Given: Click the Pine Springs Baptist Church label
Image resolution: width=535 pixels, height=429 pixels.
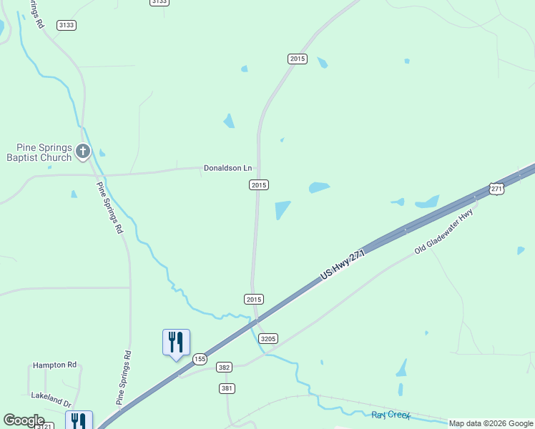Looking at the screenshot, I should coord(39,152).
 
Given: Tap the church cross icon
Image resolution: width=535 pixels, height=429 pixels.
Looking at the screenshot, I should coord(83,151).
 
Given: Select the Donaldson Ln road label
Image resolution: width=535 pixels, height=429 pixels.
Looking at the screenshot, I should coord(228,169).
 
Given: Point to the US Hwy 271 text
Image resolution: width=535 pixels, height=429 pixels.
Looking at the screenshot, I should coord(343,264).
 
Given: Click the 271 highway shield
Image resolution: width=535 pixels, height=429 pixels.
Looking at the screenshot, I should coord(497,188).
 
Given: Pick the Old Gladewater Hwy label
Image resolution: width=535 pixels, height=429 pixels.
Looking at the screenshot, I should coord(444,232).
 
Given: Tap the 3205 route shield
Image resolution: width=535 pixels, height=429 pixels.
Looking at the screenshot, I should coord(268,338).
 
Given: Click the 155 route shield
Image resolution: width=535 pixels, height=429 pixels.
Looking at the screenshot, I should coord(200,358).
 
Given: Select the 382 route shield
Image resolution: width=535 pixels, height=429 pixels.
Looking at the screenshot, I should coord(225,367).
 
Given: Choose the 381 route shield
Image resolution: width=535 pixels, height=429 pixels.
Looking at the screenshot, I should coord(227,388).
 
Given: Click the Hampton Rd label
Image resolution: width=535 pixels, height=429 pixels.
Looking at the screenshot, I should coord(54,365).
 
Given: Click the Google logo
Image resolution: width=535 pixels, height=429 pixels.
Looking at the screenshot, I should coord(24,420).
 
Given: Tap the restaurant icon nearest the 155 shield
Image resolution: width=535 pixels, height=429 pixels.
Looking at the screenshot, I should coord(176,342).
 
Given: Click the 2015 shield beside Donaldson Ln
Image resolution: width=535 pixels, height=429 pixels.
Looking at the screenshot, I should coord(259,184).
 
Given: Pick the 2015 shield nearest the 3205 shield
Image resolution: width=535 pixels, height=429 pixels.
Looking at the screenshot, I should coord(254,299).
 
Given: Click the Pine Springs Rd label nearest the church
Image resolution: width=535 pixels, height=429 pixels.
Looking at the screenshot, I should coord(109,208).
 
